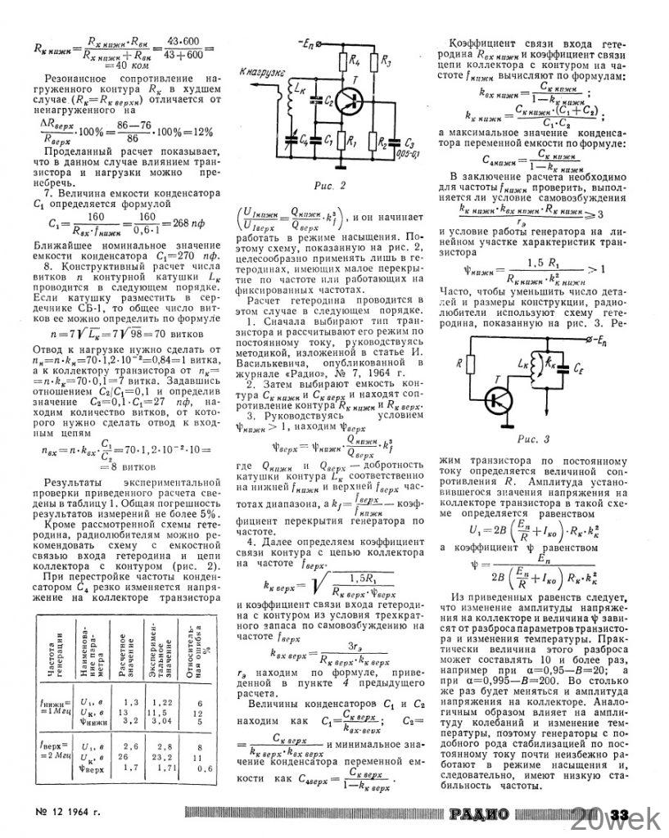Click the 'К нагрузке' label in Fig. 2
tap(264, 72)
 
